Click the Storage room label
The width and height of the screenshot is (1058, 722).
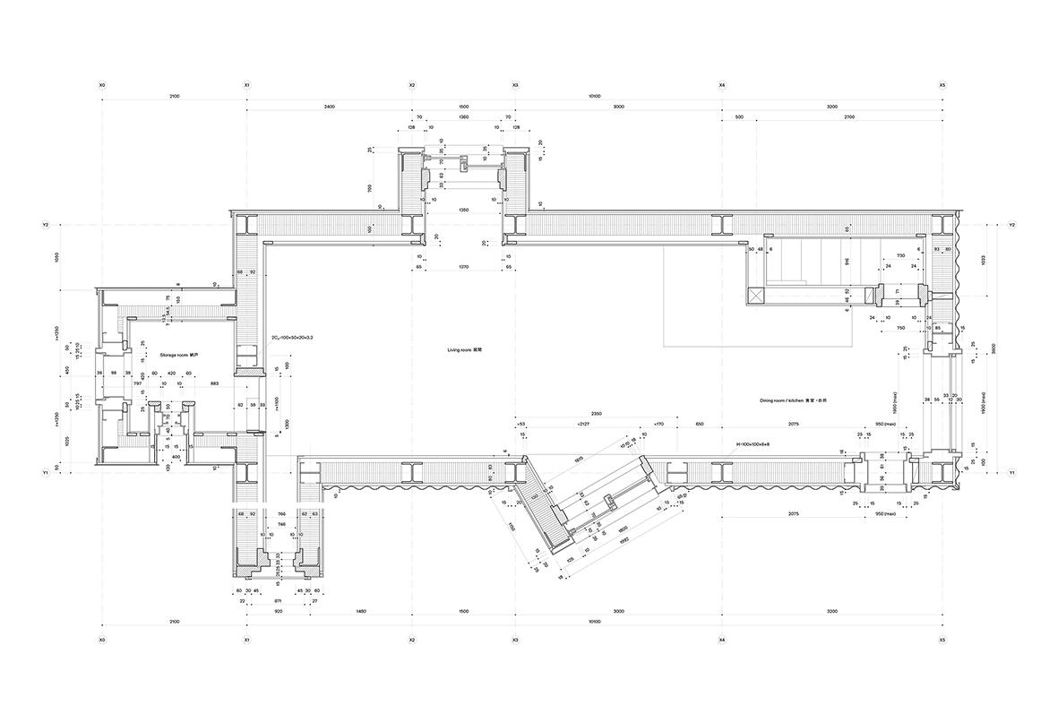tap(171, 356)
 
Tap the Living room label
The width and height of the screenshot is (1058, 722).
tap(466, 349)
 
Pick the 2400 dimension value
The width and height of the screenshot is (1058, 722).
tap(329, 107)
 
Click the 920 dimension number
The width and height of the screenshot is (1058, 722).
tap(279, 610)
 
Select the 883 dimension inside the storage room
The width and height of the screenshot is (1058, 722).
tap(213, 384)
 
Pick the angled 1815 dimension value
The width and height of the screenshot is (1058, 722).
tap(579, 459)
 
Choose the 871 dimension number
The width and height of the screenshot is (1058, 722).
tap(279, 602)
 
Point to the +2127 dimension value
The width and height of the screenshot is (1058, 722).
tap(584, 423)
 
